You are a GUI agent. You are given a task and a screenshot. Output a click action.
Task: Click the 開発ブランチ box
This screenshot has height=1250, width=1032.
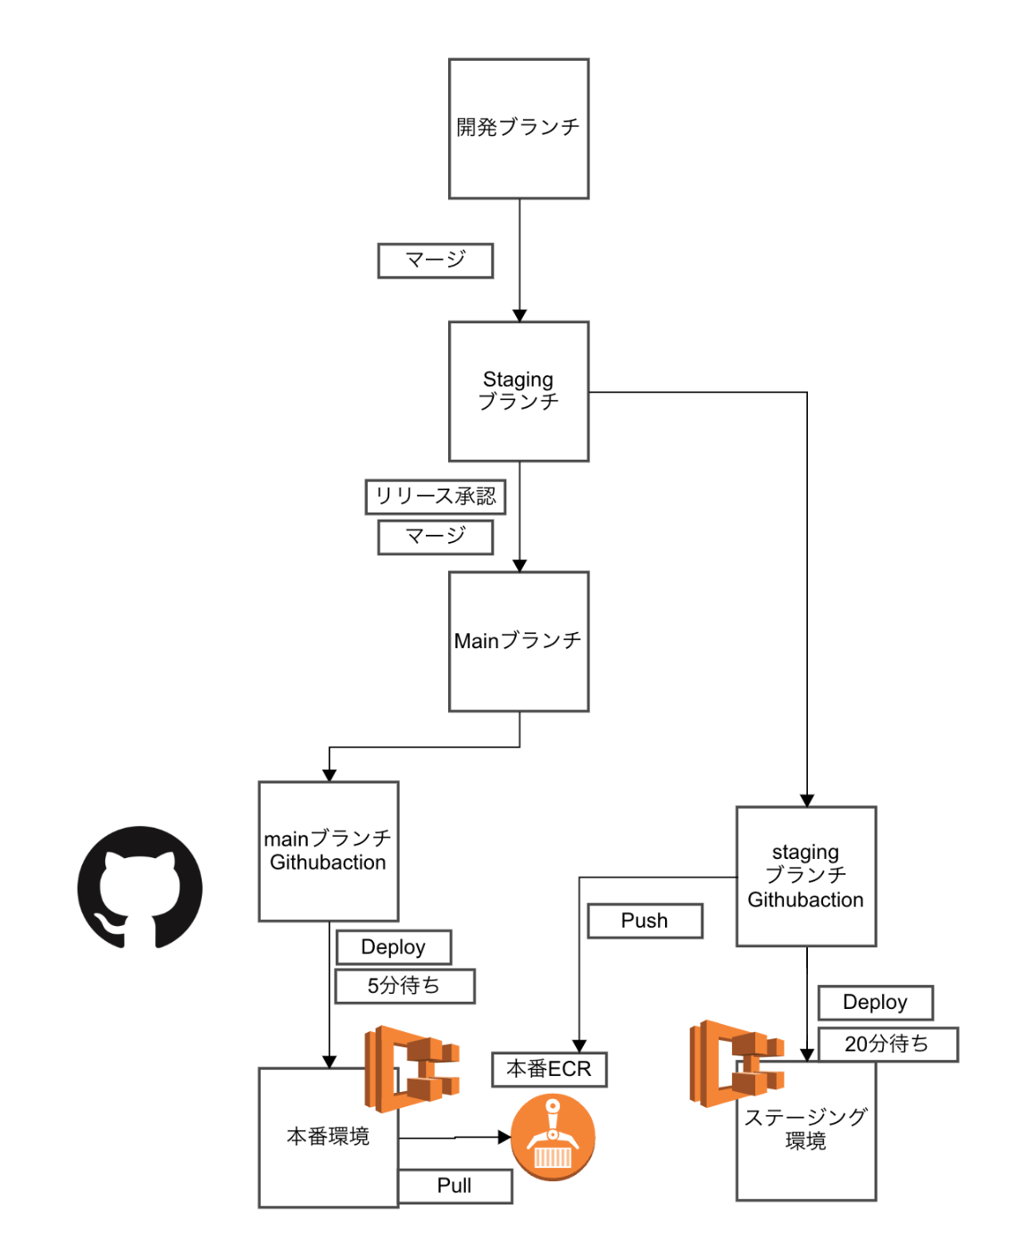[519, 129]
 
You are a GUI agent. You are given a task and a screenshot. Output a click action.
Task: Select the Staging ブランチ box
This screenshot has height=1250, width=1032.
[519, 391]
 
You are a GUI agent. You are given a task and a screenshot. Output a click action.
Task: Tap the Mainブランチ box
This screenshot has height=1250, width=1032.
[519, 641]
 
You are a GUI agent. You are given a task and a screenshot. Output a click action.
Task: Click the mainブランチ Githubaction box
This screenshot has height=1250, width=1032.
[329, 851]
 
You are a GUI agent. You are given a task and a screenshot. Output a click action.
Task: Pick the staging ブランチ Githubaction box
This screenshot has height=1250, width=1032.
[806, 876]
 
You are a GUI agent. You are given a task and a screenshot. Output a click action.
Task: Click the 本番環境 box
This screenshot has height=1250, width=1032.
[328, 1137]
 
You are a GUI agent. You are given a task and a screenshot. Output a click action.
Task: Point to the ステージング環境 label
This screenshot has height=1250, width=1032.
[805, 1129]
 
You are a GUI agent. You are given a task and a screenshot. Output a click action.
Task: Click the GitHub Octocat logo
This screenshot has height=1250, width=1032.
[140, 887]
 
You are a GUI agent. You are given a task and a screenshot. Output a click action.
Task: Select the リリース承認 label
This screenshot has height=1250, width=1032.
[436, 496]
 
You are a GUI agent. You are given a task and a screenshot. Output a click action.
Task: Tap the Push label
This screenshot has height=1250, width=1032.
[645, 921]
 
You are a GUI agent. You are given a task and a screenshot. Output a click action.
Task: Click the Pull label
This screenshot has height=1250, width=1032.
[454, 1186]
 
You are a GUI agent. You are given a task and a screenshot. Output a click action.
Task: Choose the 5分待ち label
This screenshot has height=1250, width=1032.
[404, 986]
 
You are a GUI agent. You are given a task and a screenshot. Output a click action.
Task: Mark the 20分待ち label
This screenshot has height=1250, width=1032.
[887, 1044]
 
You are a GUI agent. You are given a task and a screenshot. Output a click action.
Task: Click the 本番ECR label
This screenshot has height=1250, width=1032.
[549, 1069]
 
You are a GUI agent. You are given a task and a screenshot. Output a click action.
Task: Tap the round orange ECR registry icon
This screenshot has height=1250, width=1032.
[553, 1137]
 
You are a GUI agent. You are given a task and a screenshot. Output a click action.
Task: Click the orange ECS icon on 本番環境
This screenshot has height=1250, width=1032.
[412, 1068]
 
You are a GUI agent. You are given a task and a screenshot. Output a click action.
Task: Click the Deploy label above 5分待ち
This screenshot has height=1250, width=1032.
[394, 947]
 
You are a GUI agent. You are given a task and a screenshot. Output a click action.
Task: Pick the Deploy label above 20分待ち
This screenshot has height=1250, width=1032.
[875, 1003]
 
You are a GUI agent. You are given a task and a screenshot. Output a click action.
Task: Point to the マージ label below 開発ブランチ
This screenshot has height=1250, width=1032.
[436, 260]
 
